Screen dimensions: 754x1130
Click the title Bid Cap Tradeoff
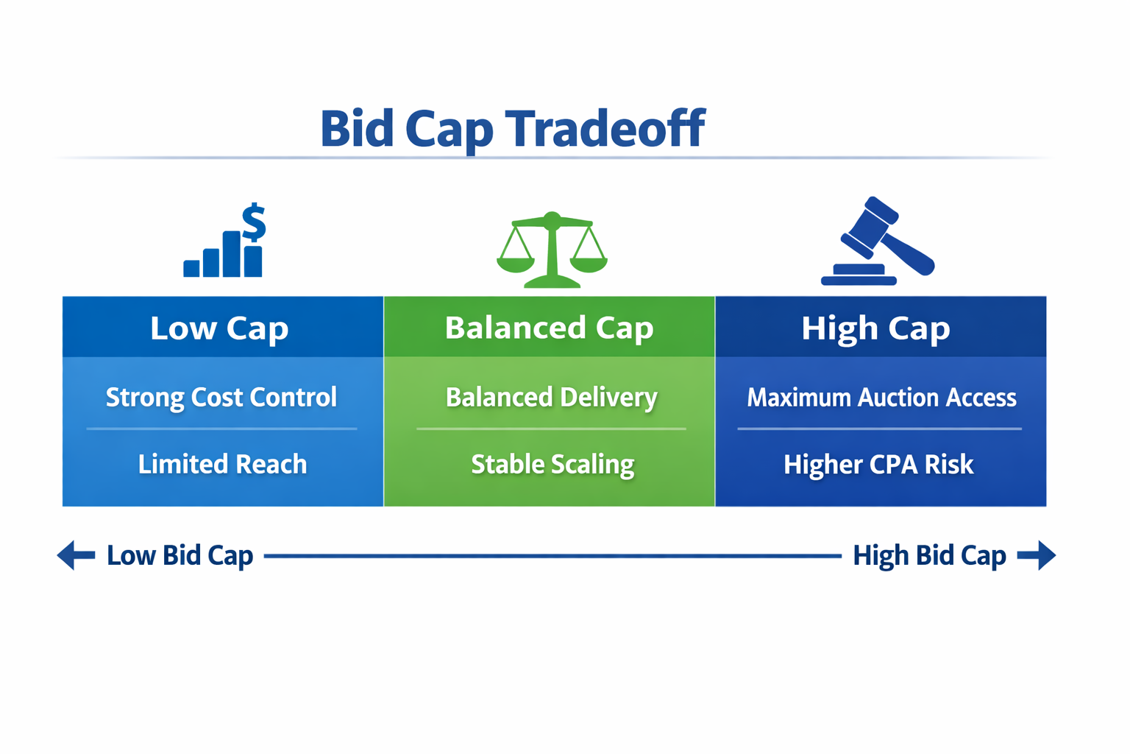[512, 128]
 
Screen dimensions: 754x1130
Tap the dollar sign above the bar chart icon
[254, 222]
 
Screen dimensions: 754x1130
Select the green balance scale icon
[552, 250]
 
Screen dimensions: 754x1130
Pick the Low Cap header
[219, 328]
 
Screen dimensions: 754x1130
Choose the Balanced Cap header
[549, 328]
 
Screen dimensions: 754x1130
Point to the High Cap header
[875, 328]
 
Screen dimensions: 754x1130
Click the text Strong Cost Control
[221, 398]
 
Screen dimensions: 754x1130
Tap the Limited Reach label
[222, 465]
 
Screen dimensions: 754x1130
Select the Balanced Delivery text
[551, 398]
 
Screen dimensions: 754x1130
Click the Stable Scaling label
[552, 465]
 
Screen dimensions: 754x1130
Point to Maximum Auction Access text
[881, 398]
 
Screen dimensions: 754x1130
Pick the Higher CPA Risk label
[878, 465]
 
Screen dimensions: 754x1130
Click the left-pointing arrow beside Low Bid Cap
[76, 555]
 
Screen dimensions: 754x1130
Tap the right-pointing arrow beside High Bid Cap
[1037, 555]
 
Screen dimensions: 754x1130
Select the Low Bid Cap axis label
[180, 555]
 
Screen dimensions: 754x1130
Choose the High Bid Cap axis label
[929, 555]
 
